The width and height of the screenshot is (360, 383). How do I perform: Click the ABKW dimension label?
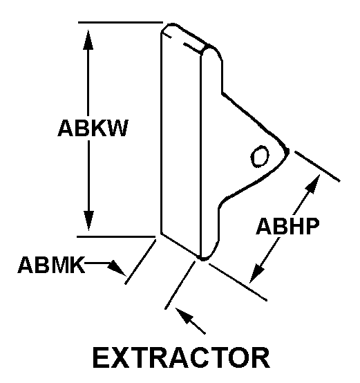pos(93,128)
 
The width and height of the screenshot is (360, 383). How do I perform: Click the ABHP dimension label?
pos(287,226)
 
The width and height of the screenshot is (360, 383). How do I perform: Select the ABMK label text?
pos(51,265)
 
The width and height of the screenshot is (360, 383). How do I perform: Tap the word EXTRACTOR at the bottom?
pos(181,357)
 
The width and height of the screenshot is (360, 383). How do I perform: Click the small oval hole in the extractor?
pos(260,156)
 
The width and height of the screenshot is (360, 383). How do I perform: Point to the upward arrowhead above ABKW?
pos(88,39)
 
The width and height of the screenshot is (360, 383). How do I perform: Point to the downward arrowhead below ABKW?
pos(88,221)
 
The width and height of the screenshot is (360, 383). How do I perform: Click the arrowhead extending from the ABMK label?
pos(117,268)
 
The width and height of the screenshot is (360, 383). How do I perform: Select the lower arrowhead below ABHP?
pos(256,274)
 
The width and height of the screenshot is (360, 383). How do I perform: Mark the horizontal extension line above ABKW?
pos(120,23)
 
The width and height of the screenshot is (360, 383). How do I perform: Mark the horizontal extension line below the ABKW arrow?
pos(116,236)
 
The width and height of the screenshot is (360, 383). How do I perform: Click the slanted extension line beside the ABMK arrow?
pos(140,262)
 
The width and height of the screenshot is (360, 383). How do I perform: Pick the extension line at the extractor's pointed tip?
pos(317,167)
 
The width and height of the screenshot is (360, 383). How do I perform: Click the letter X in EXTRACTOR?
pos(120,358)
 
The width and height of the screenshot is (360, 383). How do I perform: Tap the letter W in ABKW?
pos(117,128)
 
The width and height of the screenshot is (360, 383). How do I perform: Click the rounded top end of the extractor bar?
pos(173,25)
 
